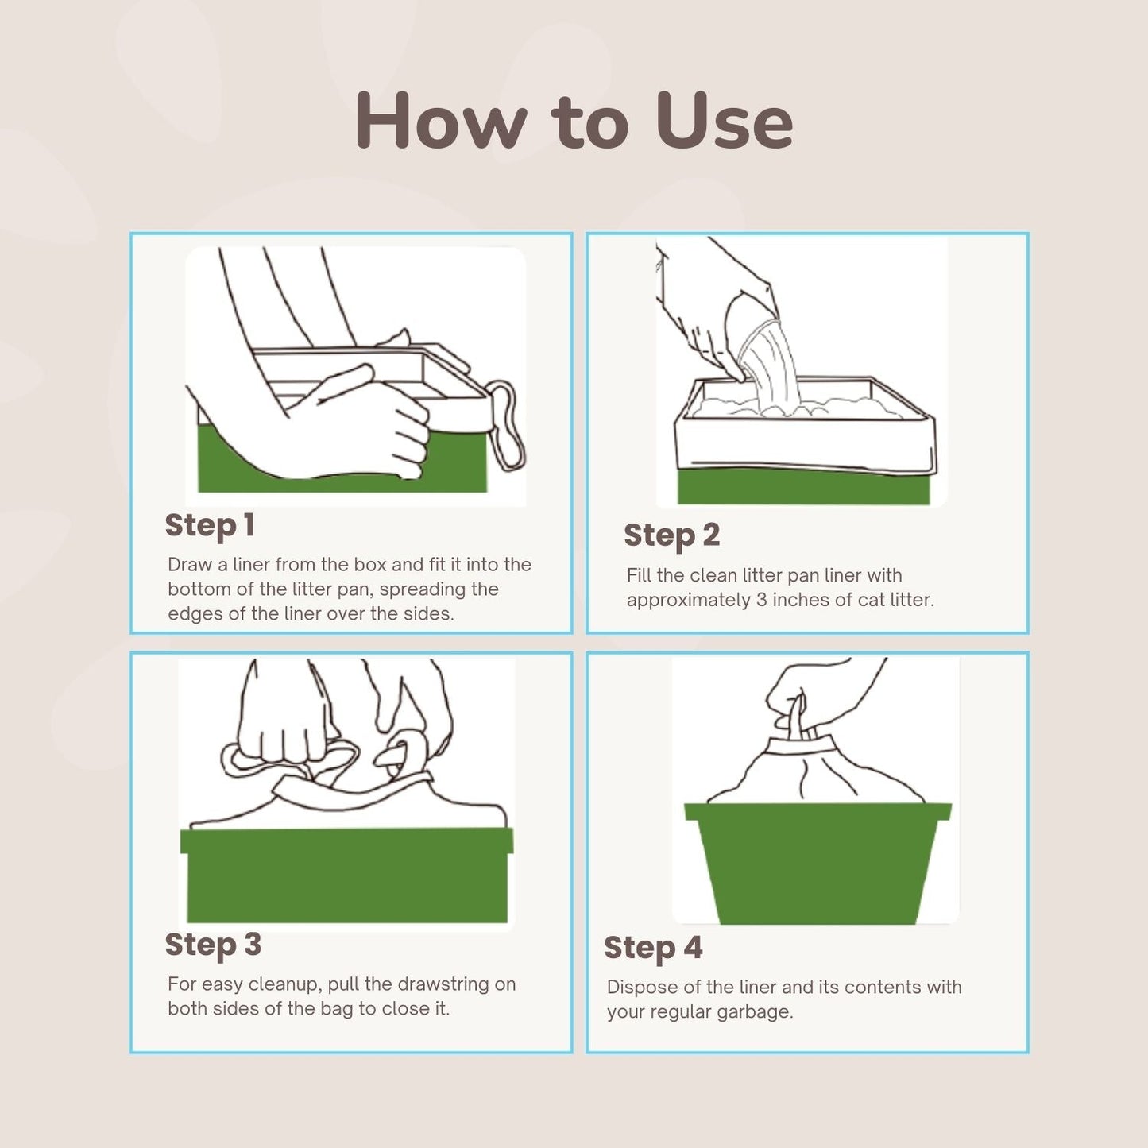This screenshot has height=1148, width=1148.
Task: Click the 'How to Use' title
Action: point(574,121)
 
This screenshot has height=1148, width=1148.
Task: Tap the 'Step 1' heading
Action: point(210,525)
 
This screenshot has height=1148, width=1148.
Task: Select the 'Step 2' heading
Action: point(671,535)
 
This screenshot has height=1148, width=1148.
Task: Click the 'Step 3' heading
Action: point(213,945)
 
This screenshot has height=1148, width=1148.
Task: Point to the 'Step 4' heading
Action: point(653,948)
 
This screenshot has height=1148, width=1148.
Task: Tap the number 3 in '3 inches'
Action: point(761,600)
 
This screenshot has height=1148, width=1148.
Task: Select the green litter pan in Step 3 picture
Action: point(347,874)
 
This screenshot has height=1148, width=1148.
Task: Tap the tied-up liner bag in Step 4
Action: point(814,771)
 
